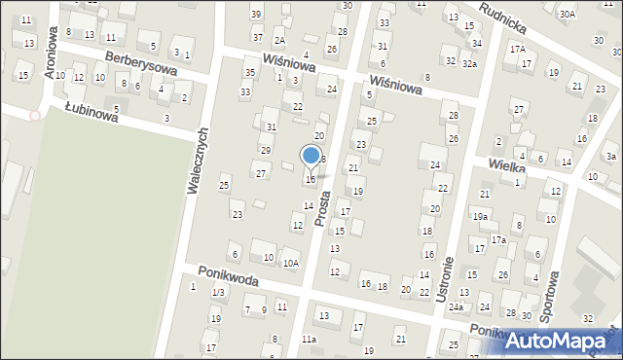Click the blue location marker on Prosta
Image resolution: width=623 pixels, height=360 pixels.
(x=311, y=156)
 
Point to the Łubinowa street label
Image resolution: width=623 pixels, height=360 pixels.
(x=92, y=114)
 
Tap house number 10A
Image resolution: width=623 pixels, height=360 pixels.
(x=291, y=263)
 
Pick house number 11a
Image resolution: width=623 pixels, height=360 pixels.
(x=309, y=339)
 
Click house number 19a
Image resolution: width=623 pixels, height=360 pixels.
(x=481, y=217)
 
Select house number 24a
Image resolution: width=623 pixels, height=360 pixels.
(x=456, y=307)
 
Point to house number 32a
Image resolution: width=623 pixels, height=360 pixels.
(x=469, y=63)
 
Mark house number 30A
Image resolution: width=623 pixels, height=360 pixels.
(x=568, y=15)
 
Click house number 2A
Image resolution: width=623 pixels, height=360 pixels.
(x=279, y=40)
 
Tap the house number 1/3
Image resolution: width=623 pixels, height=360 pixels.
(x=219, y=293)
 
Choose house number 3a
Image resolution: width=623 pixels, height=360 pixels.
(x=610, y=156)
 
